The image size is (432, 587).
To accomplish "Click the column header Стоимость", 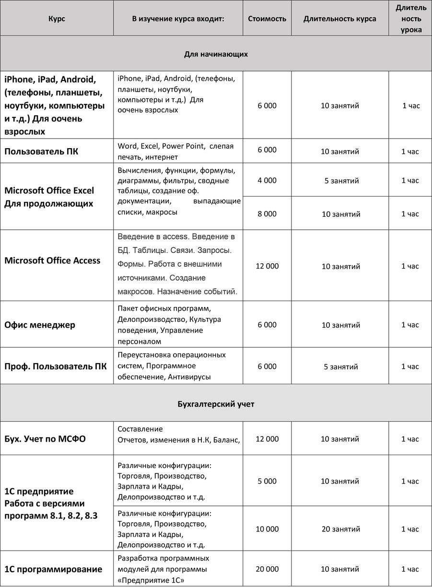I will tap(267, 19).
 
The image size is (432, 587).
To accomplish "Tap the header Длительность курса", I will tap(339, 19).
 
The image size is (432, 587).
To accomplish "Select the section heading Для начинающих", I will tap(216, 54).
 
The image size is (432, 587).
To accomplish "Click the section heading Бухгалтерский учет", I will tap(216, 404).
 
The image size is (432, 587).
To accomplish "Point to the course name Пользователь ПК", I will tap(41, 152).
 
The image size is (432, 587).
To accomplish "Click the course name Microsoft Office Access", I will tap(52, 260).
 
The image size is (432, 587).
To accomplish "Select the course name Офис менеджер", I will tap(40, 325).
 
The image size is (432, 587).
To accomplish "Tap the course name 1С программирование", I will tap(53, 569).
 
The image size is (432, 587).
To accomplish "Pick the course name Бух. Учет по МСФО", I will tap(45, 439).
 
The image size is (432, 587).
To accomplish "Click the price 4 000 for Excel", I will tap(267, 180).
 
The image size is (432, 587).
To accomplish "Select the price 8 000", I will tap(267, 214).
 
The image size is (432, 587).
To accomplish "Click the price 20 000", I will tap(267, 569).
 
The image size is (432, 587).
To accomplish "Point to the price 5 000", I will tap(267, 481).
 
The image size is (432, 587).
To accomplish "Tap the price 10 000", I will tap(267, 529).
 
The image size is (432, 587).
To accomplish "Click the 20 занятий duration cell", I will tap(340, 529).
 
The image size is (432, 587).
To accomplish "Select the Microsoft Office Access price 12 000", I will tap(267, 266).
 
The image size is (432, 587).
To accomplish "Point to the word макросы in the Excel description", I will tap(162, 212).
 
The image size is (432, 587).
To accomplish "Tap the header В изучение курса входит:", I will tap(178, 19).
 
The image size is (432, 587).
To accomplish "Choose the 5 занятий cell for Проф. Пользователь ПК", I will tap(340, 367).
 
